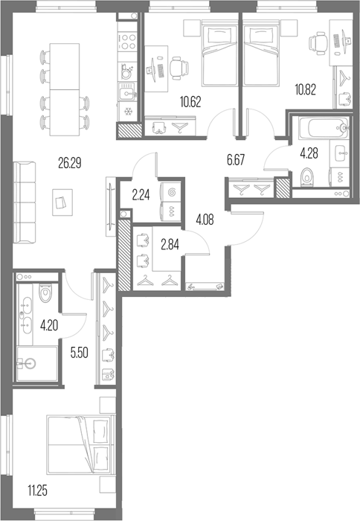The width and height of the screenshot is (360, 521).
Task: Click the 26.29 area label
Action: (x=70, y=163)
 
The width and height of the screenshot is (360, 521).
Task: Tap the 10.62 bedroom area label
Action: (x=190, y=102)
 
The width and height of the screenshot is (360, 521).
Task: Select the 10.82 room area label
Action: (x=306, y=89)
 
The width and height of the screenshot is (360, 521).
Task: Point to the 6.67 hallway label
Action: (x=236, y=160)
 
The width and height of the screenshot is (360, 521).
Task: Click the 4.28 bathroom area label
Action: (x=309, y=153)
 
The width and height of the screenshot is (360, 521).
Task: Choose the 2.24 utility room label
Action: (x=141, y=196)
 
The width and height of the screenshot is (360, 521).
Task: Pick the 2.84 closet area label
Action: (x=170, y=245)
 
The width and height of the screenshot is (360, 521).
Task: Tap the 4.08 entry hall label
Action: (x=205, y=220)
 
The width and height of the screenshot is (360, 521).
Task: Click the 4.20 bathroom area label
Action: (x=49, y=326)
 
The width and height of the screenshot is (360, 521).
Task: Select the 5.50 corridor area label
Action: (x=80, y=353)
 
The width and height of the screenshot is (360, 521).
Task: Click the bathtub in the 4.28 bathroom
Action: (x=324, y=127)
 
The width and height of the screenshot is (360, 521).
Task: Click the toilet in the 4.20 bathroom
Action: (x=45, y=292)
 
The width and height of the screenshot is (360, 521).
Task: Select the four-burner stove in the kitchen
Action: (x=127, y=42)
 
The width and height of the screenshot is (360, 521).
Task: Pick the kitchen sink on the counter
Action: (x=128, y=91)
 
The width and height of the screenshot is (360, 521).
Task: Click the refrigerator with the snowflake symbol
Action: (x=127, y=112)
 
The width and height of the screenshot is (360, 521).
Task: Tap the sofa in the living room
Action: (x=25, y=202)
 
